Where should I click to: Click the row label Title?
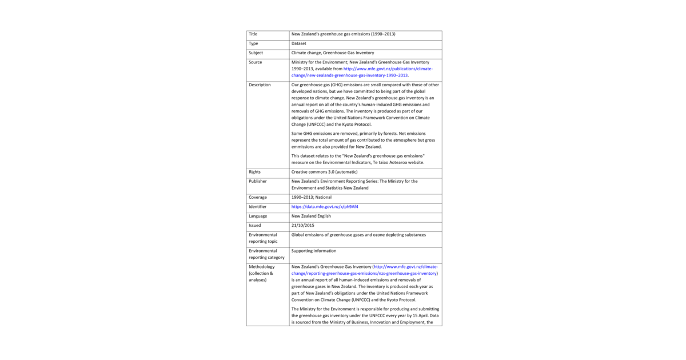tap(253, 34)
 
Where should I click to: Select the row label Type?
tap(253, 43)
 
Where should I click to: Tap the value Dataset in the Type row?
tap(298, 43)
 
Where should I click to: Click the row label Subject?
tap(256, 53)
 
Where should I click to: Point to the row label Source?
tap(255, 62)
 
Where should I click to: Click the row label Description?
tap(260, 85)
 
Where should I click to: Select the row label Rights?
tap(254, 172)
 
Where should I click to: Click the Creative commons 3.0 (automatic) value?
tap(324, 172)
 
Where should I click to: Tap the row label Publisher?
tap(257, 181)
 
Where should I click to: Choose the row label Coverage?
tap(258, 197)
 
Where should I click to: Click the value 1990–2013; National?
tap(311, 197)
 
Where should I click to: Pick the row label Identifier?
tap(258, 206)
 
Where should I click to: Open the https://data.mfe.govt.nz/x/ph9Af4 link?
tap(325, 206)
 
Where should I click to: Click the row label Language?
tap(258, 216)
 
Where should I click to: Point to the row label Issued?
tap(255, 225)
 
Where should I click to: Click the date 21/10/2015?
tap(302, 225)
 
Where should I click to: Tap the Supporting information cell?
tap(314, 251)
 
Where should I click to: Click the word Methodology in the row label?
tap(262, 267)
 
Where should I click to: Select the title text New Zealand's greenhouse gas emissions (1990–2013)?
tap(343, 34)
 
